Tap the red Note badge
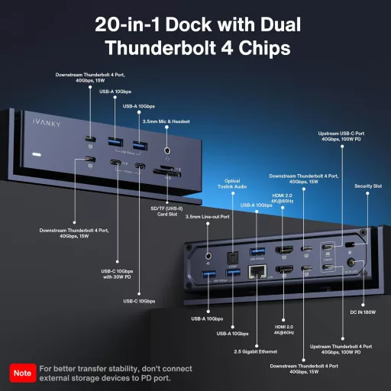(x=21, y=373)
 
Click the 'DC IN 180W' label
(x=362, y=312)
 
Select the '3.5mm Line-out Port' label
(x=208, y=216)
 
